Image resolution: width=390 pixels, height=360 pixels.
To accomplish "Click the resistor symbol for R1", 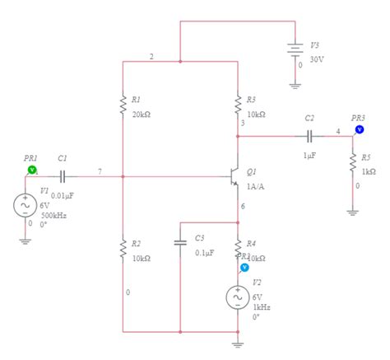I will point(123,105).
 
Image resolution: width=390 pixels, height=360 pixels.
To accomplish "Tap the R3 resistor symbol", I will point(238,105).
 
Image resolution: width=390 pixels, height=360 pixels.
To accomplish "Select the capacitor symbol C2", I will point(309,135).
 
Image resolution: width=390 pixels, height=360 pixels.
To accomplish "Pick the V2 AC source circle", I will point(238,297).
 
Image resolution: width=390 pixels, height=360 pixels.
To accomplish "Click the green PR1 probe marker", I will point(32,169).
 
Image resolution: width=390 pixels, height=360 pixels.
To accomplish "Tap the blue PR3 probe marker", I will point(360,129).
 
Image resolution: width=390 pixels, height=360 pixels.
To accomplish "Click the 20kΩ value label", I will point(141,114).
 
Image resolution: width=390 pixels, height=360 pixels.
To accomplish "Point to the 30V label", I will point(318,58).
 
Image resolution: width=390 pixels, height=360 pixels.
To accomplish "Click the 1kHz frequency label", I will point(261,306).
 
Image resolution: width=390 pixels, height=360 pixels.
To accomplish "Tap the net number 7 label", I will point(100,171).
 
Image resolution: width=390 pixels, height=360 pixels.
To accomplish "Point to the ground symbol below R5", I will point(353,211).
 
